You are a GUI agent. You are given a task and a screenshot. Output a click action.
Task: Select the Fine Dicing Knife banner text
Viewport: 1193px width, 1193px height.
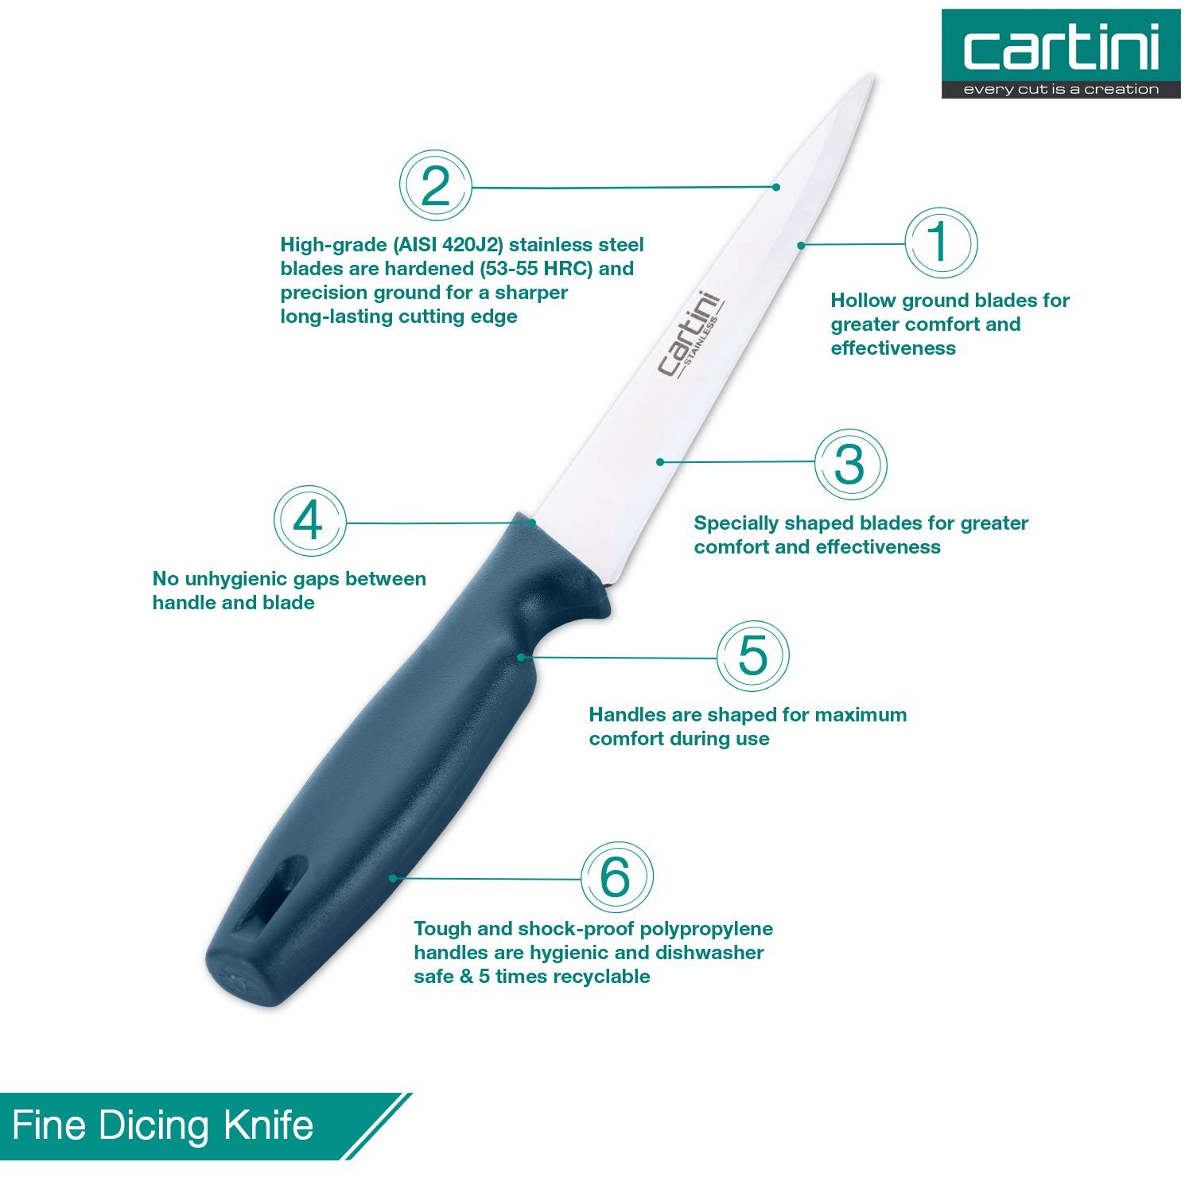pos(163,1126)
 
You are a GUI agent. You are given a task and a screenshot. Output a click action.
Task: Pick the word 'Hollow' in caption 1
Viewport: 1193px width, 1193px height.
pos(863,301)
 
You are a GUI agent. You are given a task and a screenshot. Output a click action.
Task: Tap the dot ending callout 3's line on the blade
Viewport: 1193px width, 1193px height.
pos(659,461)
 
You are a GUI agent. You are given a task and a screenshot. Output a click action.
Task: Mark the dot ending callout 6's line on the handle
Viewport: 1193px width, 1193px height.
pos(392,877)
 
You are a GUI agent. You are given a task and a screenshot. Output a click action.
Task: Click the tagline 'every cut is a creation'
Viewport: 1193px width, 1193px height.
pos(1062,89)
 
